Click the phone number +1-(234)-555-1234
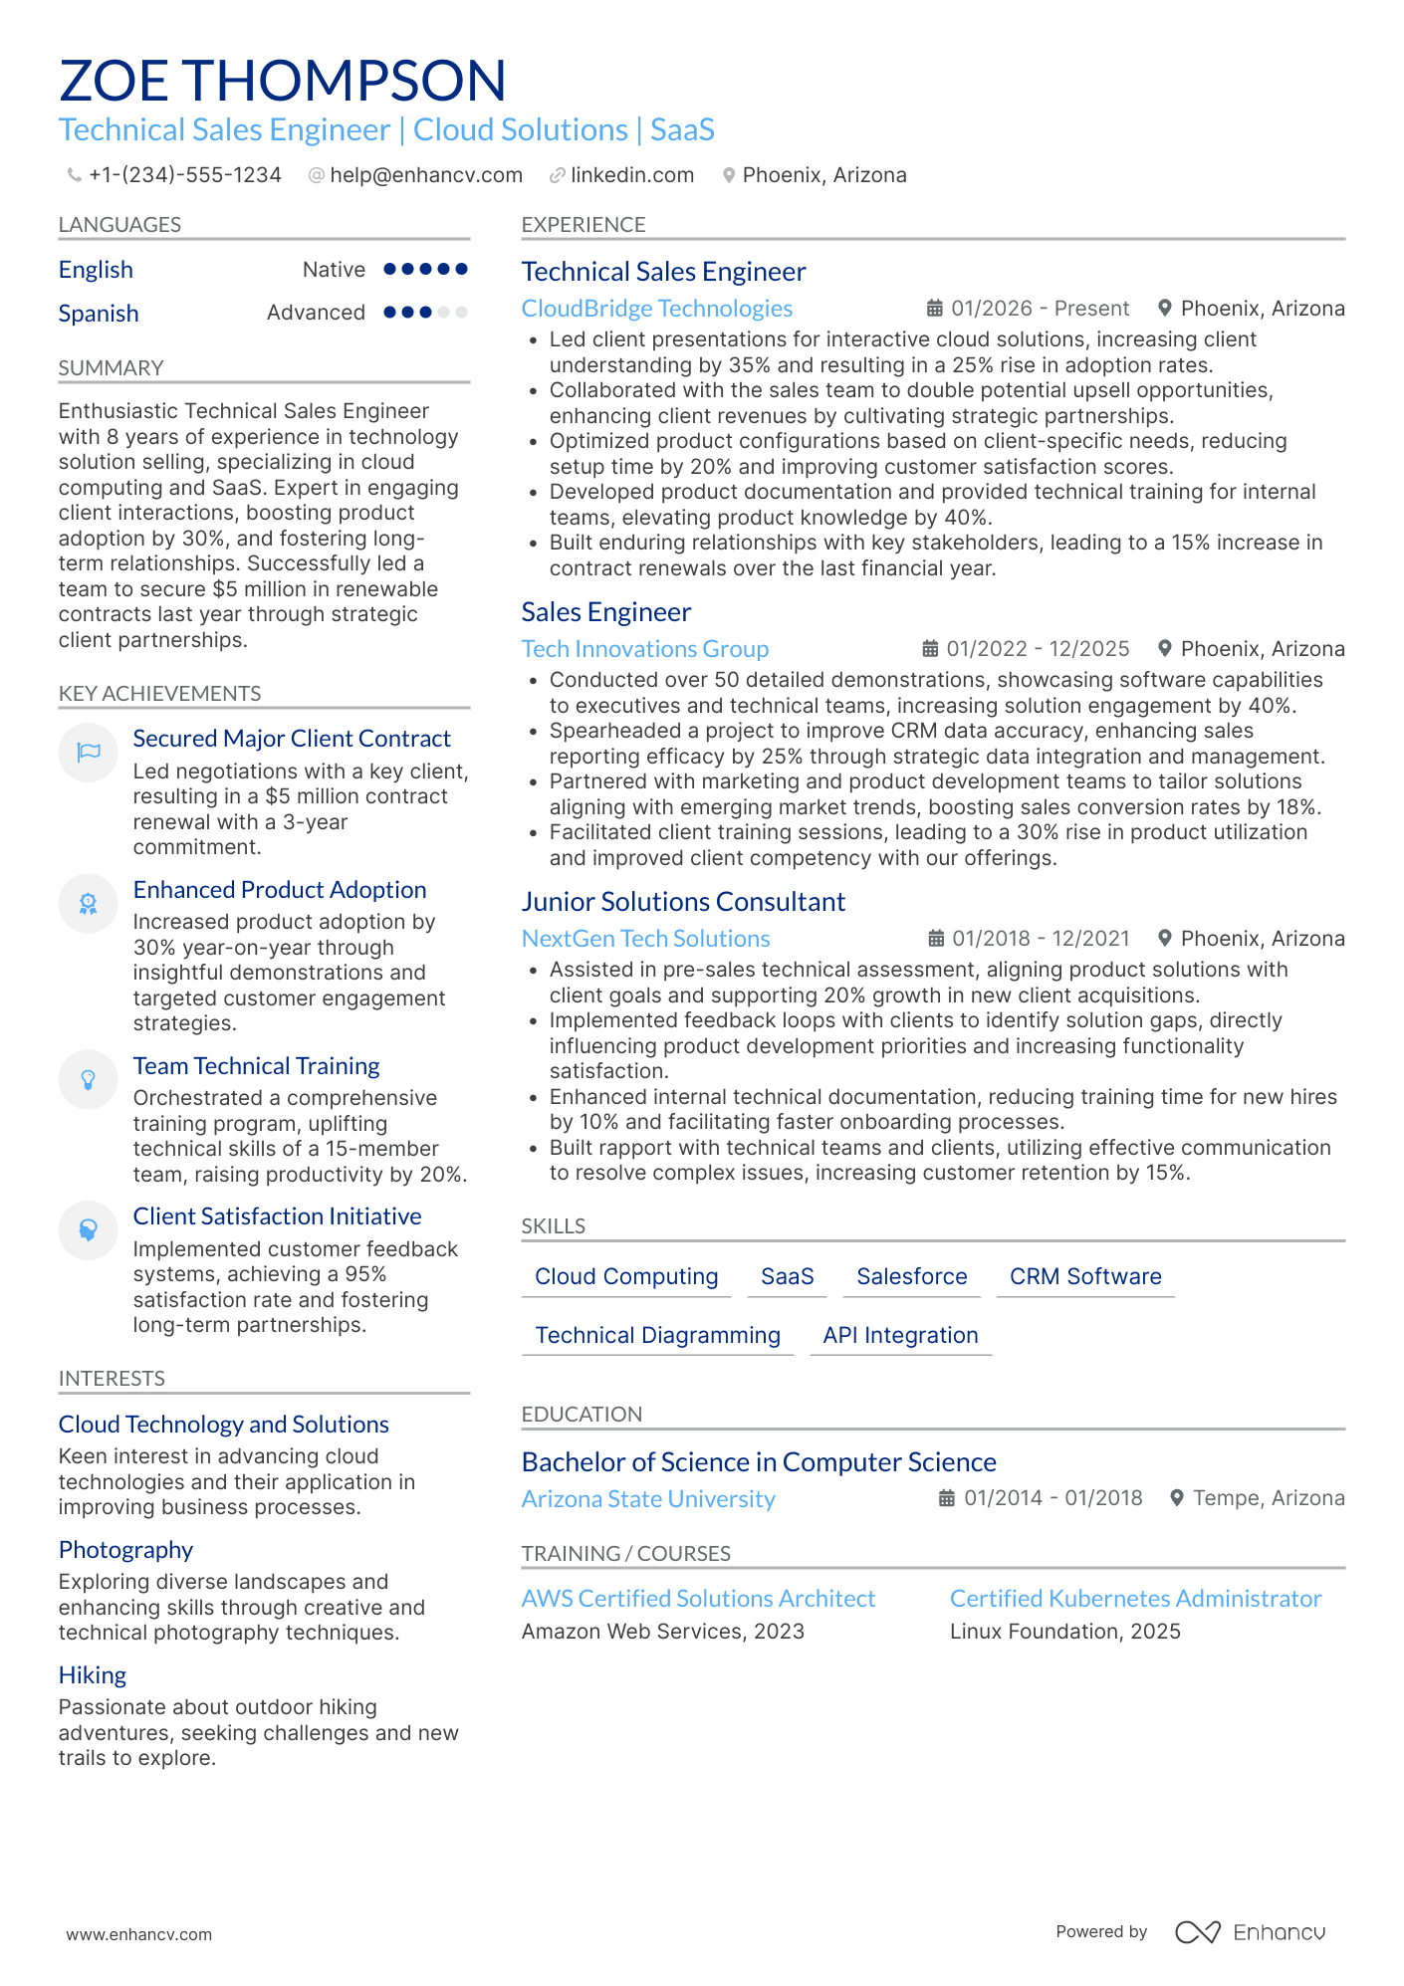(x=184, y=175)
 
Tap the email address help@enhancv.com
(x=426, y=175)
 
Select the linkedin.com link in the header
(x=632, y=175)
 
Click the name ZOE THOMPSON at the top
(x=283, y=81)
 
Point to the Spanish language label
(x=99, y=314)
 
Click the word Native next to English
(x=334, y=270)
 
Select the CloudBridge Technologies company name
(x=657, y=309)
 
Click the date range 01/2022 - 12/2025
(x=1038, y=649)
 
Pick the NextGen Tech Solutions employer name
(x=646, y=939)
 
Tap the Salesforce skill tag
(x=912, y=1276)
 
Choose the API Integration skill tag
(x=901, y=1335)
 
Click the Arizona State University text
(x=648, y=1499)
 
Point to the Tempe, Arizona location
(x=1269, y=1498)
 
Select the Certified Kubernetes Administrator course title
(x=1135, y=1599)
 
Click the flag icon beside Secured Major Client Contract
(x=89, y=752)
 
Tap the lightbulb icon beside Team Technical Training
(x=89, y=1079)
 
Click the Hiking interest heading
(x=93, y=1675)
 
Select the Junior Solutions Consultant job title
(x=683, y=902)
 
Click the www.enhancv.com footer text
(x=139, y=1934)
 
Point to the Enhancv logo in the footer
(x=1251, y=1932)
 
